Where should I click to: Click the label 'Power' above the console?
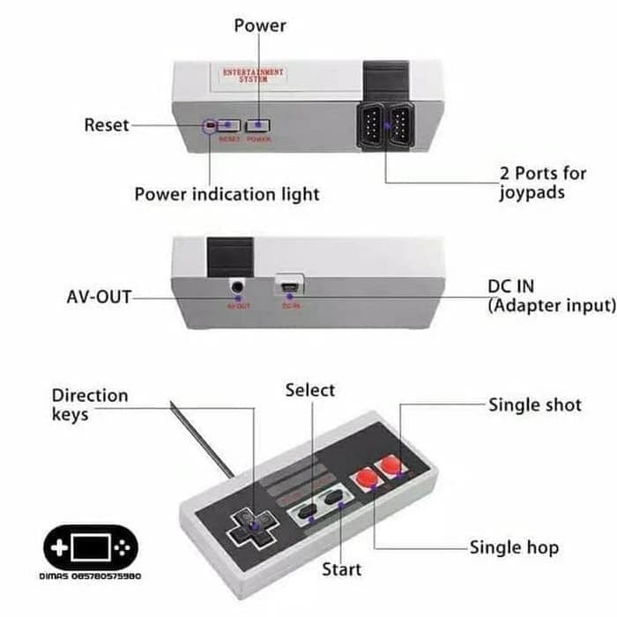click(260, 26)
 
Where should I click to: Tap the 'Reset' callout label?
click(107, 125)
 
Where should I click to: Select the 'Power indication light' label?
click(227, 193)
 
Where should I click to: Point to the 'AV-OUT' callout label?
click(99, 297)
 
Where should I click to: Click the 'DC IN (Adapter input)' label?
click(551, 296)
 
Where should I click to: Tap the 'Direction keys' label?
click(89, 404)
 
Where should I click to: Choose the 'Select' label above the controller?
click(310, 390)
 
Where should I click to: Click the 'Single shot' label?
click(535, 405)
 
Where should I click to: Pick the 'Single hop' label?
click(514, 547)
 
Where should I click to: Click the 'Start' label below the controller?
click(341, 569)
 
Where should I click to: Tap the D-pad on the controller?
click(251, 524)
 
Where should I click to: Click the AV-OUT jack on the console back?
click(236, 286)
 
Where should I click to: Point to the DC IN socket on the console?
click(289, 286)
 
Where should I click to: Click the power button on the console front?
click(258, 126)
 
